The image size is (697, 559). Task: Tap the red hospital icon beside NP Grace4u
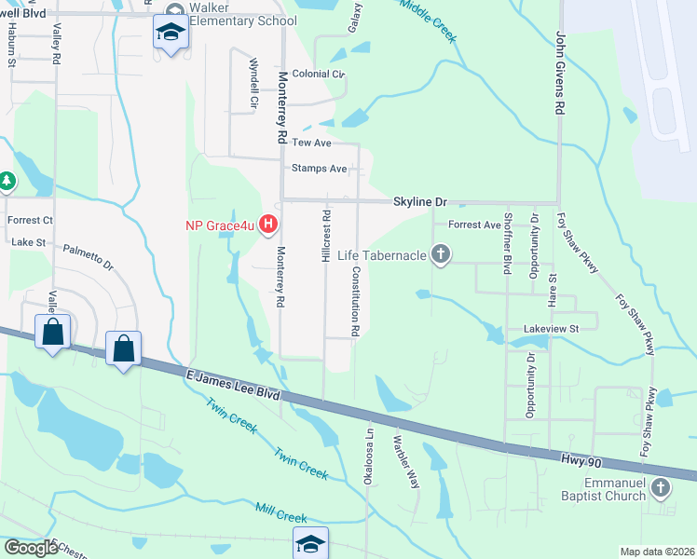click(x=268, y=224)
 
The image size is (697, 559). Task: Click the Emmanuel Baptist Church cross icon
click(x=660, y=487)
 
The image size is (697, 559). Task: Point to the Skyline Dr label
click(x=420, y=201)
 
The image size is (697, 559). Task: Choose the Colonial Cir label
click(x=319, y=74)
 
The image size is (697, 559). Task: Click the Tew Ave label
click(x=311, y=143)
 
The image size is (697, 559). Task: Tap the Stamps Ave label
click(x=319, y=169)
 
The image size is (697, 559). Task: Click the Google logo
click(x=30, y=548)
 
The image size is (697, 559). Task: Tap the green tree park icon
click(x=6, y=180)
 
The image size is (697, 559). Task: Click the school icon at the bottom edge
click(x=310, y=543)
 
